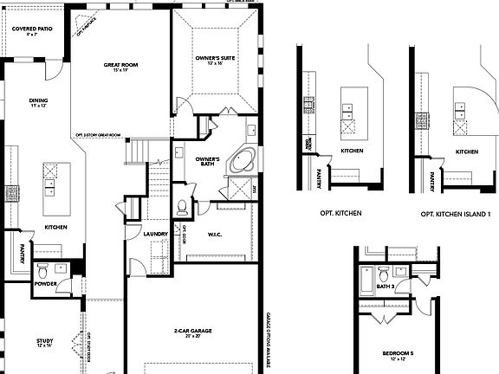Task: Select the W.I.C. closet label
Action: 217,233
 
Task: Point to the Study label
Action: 44,343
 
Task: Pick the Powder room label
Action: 45,283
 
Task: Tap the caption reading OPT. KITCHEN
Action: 340,213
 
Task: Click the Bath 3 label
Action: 385,285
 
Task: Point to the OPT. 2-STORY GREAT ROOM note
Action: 97,135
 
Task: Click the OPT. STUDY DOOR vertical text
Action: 90,351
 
